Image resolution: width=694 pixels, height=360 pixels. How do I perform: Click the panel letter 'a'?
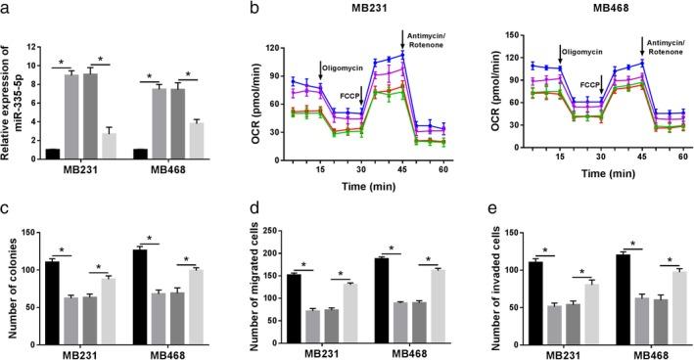(x=7, y=8)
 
